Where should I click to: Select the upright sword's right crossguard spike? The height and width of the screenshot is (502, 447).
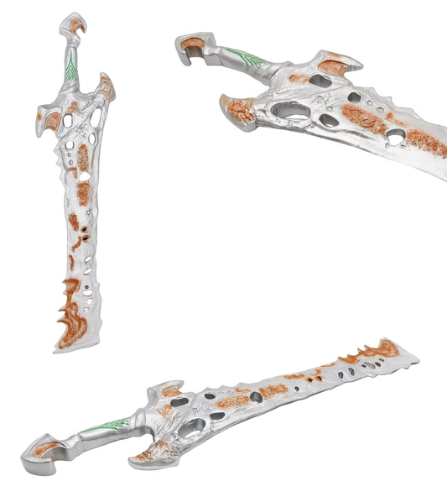point(107,86)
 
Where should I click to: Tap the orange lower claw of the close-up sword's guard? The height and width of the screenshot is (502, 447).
point(238,108)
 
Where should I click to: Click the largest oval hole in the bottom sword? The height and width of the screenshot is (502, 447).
point(191,429)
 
